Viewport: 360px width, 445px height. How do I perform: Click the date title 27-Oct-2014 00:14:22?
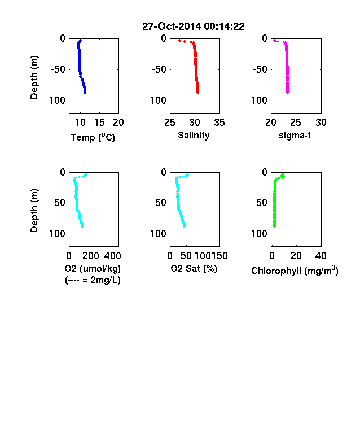point(194,27)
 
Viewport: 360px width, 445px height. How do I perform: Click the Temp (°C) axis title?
point(93,137)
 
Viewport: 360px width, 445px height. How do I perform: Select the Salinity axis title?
point(194,136)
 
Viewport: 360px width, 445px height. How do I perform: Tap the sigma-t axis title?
point(295,136)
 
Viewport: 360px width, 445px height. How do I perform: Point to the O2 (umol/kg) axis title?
point(93,268)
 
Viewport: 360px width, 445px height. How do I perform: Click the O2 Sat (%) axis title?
point(194,268)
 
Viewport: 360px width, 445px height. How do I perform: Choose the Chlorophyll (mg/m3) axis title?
point(295,271)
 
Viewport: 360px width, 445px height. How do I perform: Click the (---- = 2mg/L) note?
point(93,280)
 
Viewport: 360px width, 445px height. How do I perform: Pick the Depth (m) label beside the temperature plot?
point(34,77)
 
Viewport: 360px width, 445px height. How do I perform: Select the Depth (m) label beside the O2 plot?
point(34,211)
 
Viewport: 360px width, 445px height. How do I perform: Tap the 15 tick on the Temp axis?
point(99,123)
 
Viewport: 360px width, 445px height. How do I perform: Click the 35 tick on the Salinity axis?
point(219,123)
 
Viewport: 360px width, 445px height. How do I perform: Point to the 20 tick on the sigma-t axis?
point(271,123)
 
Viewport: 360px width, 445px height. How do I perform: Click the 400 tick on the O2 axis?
point(112,256)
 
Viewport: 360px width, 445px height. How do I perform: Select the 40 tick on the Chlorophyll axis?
point(321,256)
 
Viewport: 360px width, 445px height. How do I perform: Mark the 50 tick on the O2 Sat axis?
point(186,256)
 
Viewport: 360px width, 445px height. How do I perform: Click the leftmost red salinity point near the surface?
point(180,41)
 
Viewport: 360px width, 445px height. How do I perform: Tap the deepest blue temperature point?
point(85,92)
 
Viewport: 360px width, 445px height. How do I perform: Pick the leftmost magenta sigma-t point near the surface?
point(274,40)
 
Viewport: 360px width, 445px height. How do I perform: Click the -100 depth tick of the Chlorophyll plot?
point(257,234)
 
